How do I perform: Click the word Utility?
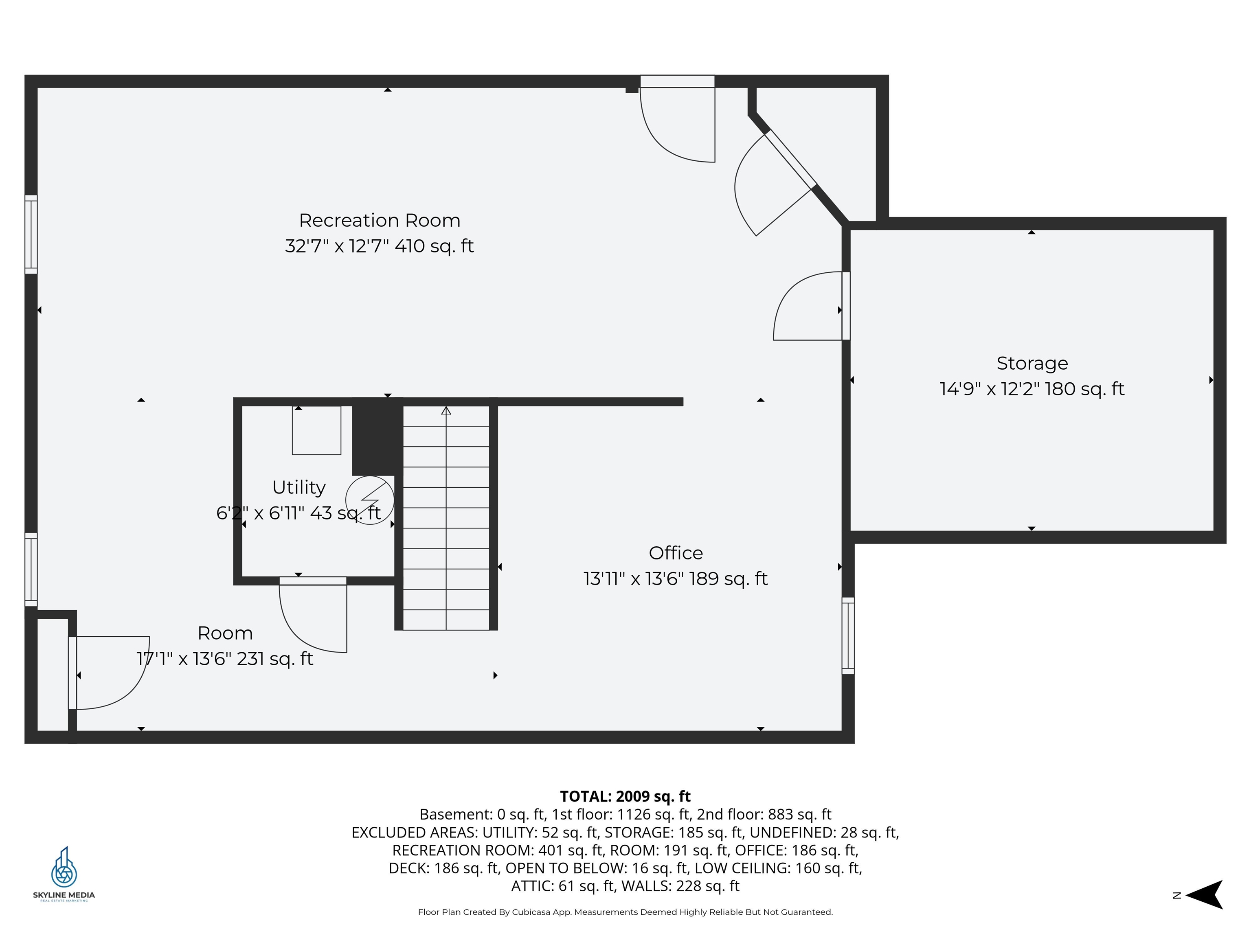298,487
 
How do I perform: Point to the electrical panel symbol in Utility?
370,500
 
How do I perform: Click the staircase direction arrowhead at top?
446,410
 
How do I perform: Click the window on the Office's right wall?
848,636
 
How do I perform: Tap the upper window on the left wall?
31,234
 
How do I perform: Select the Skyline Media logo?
64,874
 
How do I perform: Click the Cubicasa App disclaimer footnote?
625,912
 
